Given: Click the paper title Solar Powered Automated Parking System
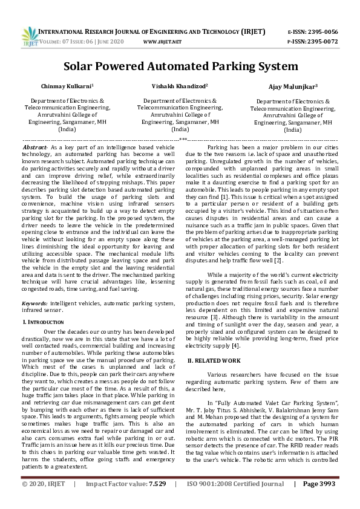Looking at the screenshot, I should click(x=180, y=65).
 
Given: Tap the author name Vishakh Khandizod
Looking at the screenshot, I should click(x=180, y=86).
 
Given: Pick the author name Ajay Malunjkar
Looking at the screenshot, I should click(x=293, y=87).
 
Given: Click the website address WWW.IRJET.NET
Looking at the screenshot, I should click(x=163, y=42).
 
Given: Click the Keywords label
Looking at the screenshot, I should click(x=36, y=302).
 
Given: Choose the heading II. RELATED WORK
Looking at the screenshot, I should click(x=214, y=360).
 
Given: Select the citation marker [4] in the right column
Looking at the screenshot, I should click(x=236, y=346).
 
